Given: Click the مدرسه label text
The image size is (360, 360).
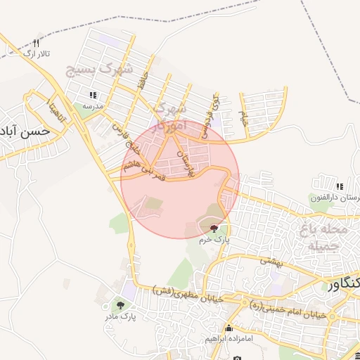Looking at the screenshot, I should click(93, 105).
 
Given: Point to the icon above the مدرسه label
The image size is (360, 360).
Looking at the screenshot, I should click(93, 95).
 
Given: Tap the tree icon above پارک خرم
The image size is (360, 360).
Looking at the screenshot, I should click(214, 229).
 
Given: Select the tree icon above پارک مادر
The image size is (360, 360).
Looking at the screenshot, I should click(120, 305).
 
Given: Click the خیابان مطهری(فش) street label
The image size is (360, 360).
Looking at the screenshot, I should click(188, 295).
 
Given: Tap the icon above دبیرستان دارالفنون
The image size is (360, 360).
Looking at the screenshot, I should click(340, 186).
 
